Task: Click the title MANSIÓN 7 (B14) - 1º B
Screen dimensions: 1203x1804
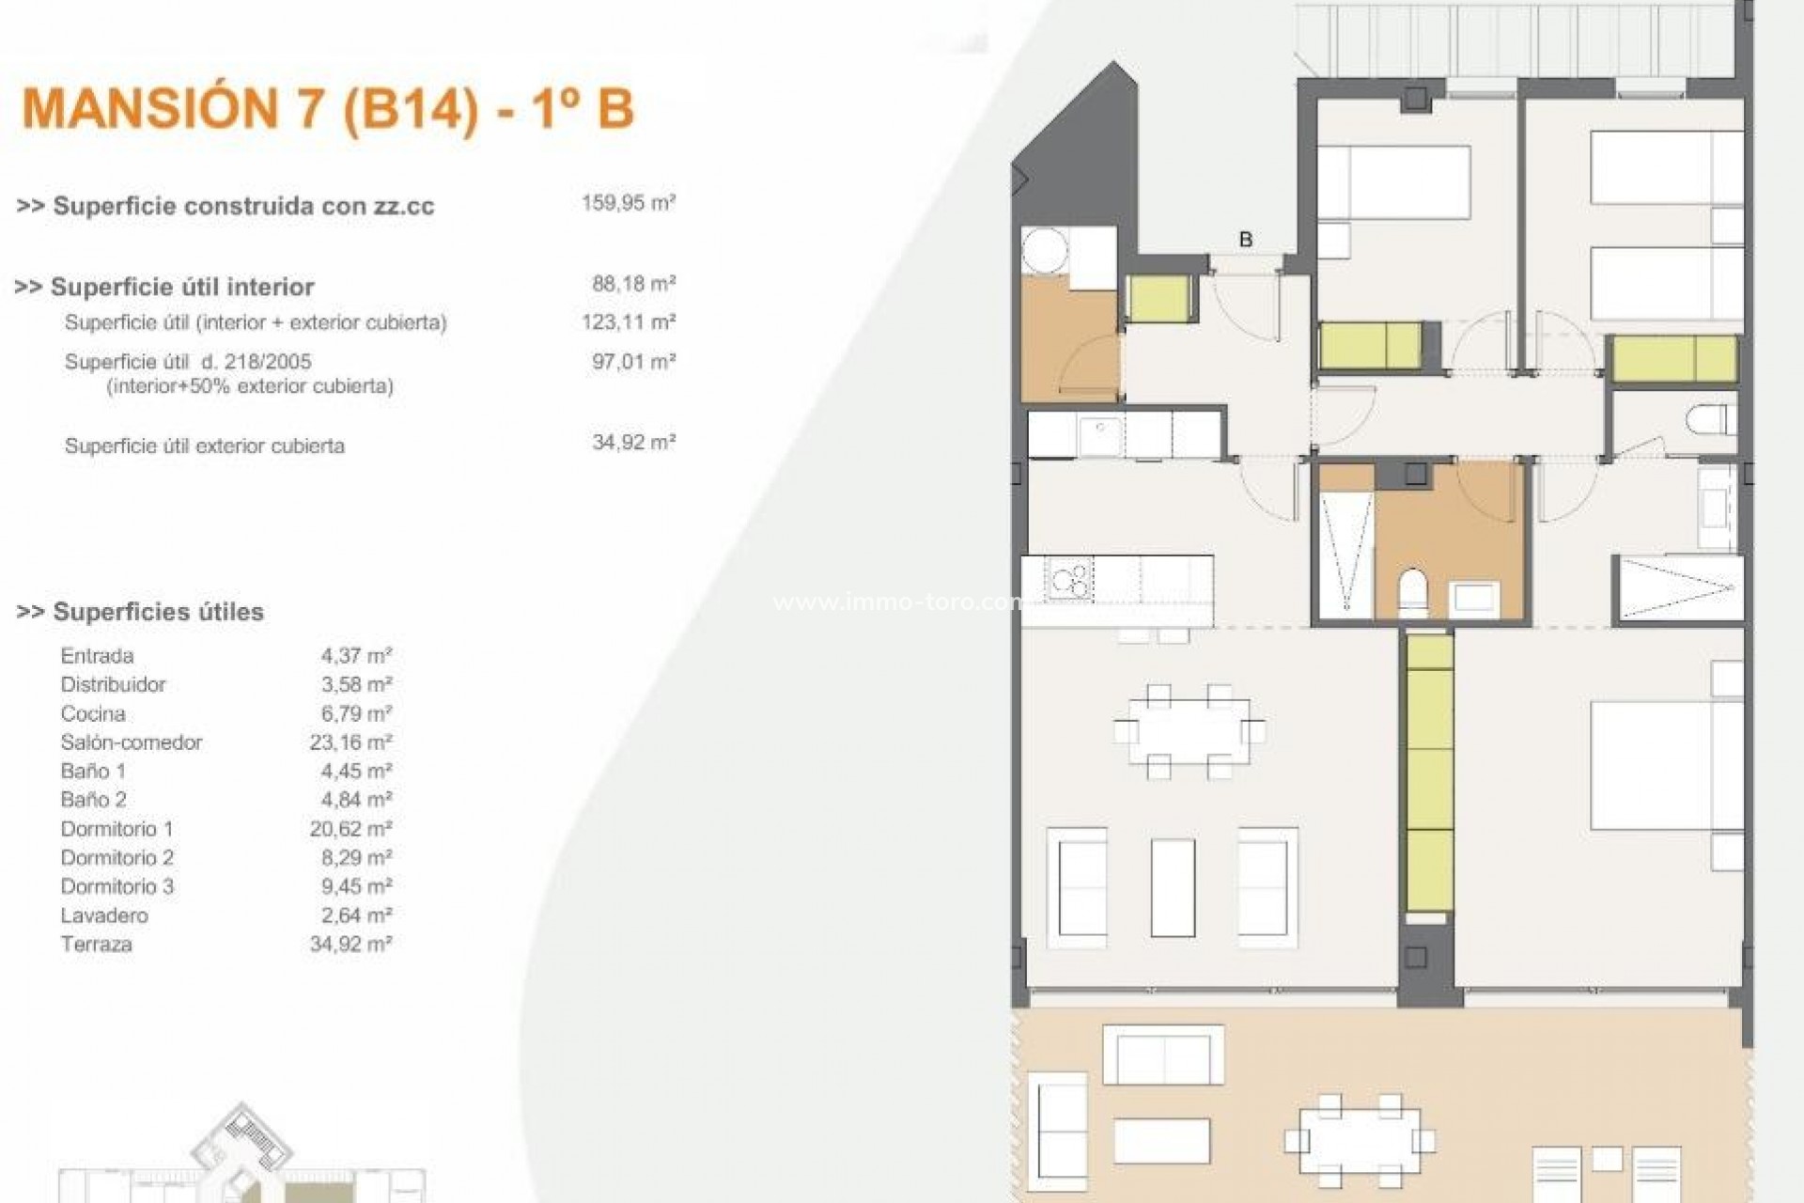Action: coord(328,109)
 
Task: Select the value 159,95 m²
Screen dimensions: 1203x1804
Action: coord(628,203)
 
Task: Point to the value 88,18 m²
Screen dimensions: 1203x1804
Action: coord(633,284)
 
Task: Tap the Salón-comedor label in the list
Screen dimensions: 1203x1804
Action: coord(132,742)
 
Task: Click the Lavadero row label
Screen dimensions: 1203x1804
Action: coord(104,915)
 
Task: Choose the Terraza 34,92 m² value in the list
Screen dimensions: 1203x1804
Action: coord(350,945)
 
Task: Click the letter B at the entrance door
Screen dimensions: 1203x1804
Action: coord(1246,240)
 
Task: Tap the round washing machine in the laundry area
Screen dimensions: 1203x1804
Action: coord(1046,252)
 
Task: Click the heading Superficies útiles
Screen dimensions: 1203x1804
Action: coord(141,612)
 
